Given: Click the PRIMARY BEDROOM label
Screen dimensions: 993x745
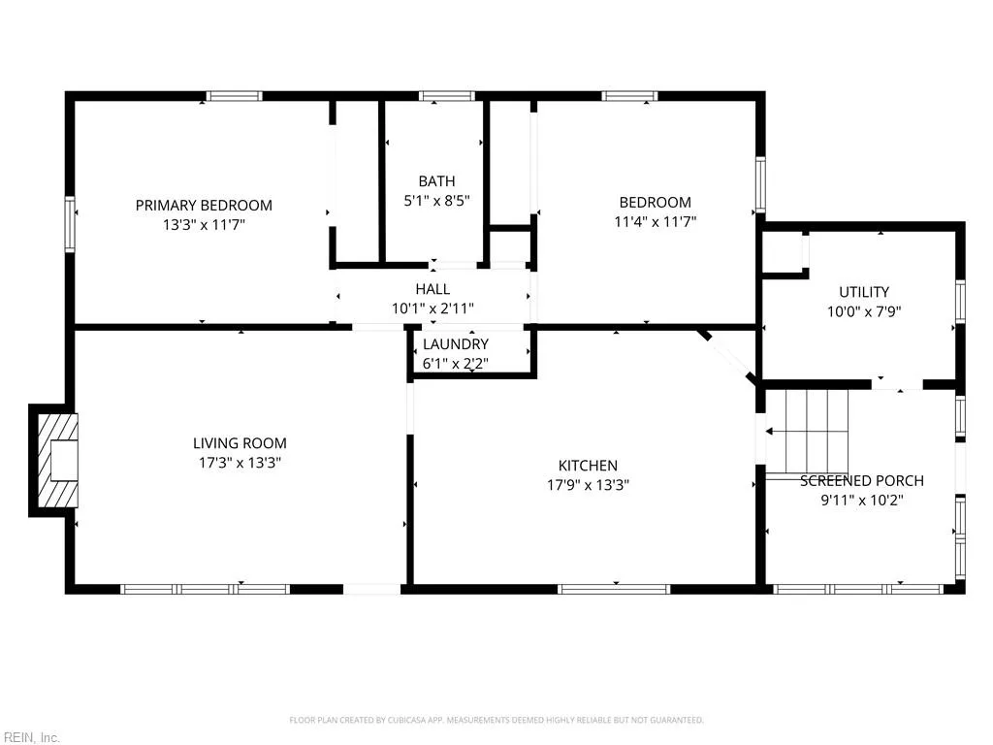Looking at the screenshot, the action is point(204,206).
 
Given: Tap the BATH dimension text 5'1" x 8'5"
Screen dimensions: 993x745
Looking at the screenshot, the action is point(436,201).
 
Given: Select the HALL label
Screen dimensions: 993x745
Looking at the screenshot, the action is point(432,289).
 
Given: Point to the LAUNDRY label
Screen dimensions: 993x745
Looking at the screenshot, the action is point(456,344).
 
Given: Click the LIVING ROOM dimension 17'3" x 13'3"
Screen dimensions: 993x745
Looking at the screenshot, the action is point(240,463).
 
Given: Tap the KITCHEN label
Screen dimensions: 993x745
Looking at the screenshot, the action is point(588,466).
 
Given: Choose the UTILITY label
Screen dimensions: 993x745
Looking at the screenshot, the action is point(864,292).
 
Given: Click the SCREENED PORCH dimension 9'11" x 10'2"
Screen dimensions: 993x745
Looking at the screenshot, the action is point(861,500).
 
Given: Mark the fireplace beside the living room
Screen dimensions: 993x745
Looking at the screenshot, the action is point(54,461).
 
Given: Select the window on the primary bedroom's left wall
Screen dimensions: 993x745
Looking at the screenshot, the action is point(70,224).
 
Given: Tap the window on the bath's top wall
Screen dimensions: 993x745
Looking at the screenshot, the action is point(446,96).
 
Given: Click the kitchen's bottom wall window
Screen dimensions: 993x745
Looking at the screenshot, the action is point(614,589).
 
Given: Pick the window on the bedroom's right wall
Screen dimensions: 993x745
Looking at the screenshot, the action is point(760,184).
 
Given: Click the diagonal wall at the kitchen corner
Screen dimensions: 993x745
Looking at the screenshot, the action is point(726,356).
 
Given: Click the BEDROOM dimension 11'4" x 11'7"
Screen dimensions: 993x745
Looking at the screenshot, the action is point(655,222).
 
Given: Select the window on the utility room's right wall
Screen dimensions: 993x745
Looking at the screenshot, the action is point(960,302).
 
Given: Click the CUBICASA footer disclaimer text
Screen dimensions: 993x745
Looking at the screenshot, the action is point(496,720).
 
